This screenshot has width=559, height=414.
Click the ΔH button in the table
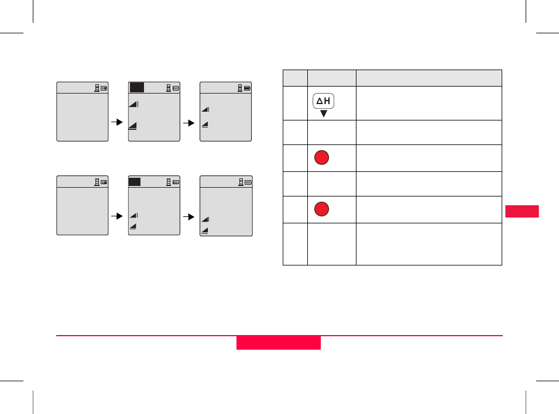(x=323, y=101)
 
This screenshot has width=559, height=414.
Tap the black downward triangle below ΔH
(x=323, y=113)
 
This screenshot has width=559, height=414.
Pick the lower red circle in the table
(x=321, y=209)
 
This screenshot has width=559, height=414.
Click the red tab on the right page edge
(x=521, y=211)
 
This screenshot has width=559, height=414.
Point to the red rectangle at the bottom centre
(x=279, y=343)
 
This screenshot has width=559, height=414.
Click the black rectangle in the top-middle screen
(x=137, y=88)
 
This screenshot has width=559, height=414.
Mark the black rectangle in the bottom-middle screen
(x=135, y=182)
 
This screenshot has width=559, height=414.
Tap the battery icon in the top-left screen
(x=104, y=89)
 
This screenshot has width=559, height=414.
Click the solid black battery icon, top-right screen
(x=248, y=89)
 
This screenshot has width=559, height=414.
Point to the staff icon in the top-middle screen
(x=169, y=89)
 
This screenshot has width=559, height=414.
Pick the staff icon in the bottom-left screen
(x=97, y=182)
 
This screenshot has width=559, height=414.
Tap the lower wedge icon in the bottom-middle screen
(x=133, y=226)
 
